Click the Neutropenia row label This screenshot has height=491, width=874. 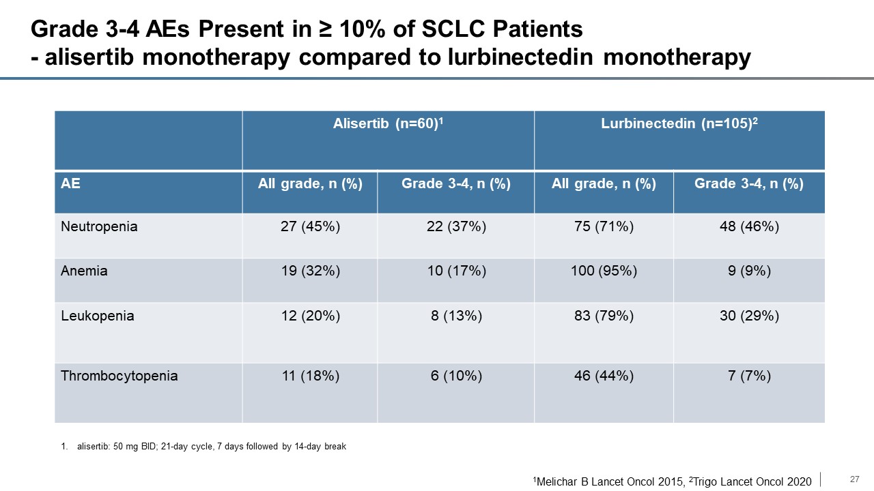[99, 226]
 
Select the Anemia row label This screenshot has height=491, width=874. [84, 271]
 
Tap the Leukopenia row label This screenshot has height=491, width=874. [97, 316]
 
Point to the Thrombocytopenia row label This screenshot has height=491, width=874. [119, 376]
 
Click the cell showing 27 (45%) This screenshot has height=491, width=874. [310, 226]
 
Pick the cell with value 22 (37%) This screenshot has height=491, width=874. [456, 226]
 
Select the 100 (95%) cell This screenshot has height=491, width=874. [604, 271]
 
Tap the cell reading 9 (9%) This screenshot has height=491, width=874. [749, 271]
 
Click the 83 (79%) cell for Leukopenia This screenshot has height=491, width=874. [604, 316]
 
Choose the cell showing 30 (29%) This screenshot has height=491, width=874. [749, 316]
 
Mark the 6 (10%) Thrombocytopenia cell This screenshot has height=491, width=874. [456, 376]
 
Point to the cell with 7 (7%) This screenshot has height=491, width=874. [749, 376]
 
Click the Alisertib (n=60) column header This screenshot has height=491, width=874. [388, 123]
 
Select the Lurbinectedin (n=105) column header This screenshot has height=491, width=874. [679, 123]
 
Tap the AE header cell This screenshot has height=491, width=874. [70, 183]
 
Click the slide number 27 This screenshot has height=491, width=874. [854, 479]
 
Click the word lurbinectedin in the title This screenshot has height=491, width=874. [520, 57]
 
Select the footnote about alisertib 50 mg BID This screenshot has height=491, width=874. [203, 446]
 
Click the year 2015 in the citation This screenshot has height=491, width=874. [671, 481]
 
